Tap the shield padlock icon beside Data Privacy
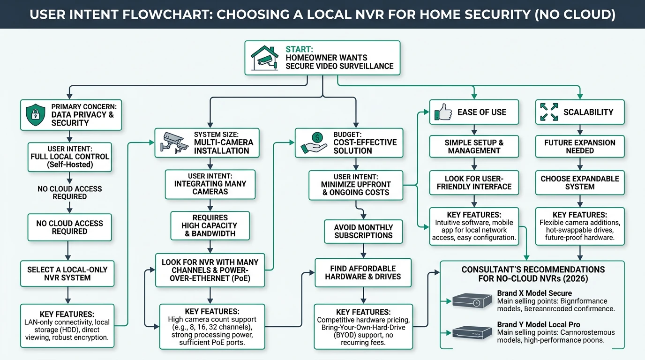(x=36, y=115)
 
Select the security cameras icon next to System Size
(x=174, y=142)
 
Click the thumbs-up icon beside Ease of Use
(x=443, y=112)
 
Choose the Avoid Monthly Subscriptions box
(x=363, y=232)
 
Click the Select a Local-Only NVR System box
(x=67, y=274)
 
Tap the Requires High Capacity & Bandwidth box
(x=210, y=225)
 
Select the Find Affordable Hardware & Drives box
(x=363, y=272)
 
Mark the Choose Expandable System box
(x=579, y=182)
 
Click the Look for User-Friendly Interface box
(x=474, y=182)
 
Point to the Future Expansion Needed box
(x=579, y=146)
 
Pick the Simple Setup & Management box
(x=474, y=146)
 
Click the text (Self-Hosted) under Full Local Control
(x=70, y=165)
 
